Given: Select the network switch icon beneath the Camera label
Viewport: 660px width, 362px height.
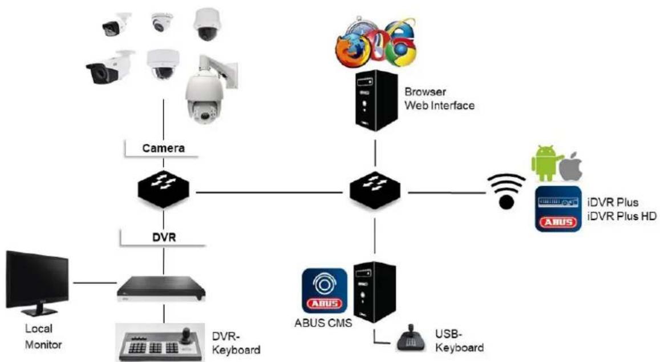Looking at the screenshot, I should click(164, 191).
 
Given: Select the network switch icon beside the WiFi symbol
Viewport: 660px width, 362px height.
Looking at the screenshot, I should click(375, 191).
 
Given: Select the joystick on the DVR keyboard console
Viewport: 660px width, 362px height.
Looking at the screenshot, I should click(186, 336).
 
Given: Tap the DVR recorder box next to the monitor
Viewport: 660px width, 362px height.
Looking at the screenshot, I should click(162, 288).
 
